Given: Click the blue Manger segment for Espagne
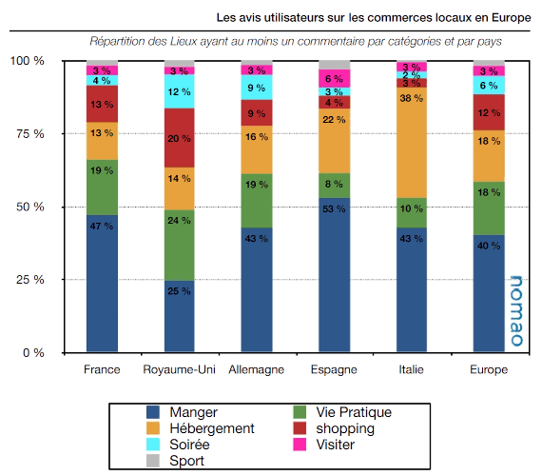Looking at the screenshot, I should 334,274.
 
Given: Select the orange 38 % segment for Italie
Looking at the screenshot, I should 412,142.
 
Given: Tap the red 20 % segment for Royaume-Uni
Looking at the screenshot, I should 179,137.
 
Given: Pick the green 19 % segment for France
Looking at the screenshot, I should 102,187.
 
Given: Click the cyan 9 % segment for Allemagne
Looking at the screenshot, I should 256,88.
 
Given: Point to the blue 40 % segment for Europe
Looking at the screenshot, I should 489,293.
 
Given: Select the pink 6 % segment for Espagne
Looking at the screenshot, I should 334,78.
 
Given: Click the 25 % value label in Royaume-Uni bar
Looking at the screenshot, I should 179,289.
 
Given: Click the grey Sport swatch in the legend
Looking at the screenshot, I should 153,460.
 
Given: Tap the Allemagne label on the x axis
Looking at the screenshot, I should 257,369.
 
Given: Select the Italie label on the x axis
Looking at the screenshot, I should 412,369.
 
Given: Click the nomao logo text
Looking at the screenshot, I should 513,309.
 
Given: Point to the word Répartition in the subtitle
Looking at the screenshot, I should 123,43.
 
